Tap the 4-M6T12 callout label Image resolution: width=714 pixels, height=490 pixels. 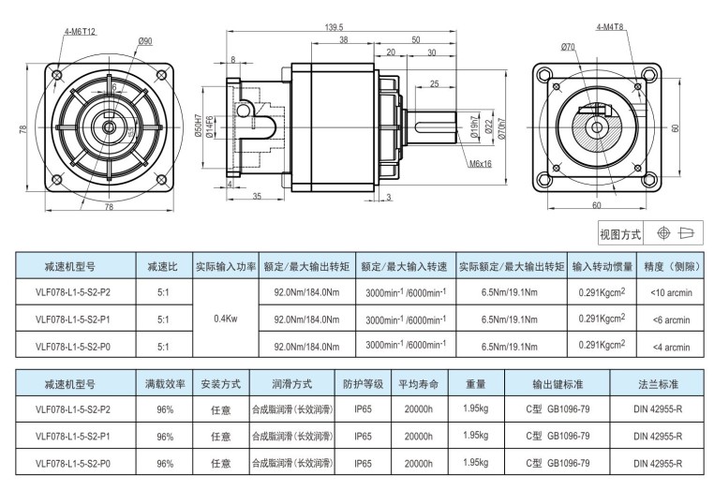click(x=81, y=32)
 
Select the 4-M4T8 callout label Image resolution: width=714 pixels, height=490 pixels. click(x=610, y=28)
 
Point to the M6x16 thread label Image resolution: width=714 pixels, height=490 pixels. click(x=481, y=164)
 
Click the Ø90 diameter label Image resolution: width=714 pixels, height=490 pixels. click(x=145, y=40)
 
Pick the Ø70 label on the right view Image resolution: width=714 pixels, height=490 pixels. click(x=568, y=47)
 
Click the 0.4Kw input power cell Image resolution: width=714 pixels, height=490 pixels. click(x=225, y=319)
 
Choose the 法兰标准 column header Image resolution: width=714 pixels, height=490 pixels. click(x=658, y=384)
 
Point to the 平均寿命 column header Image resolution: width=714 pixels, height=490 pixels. click(x=418, y=384)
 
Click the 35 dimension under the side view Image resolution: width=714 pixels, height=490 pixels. click(x=256, y=196)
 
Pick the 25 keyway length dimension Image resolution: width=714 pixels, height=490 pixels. click(x=434, y=85)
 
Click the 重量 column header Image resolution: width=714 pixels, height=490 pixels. click(x=475, y=384)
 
